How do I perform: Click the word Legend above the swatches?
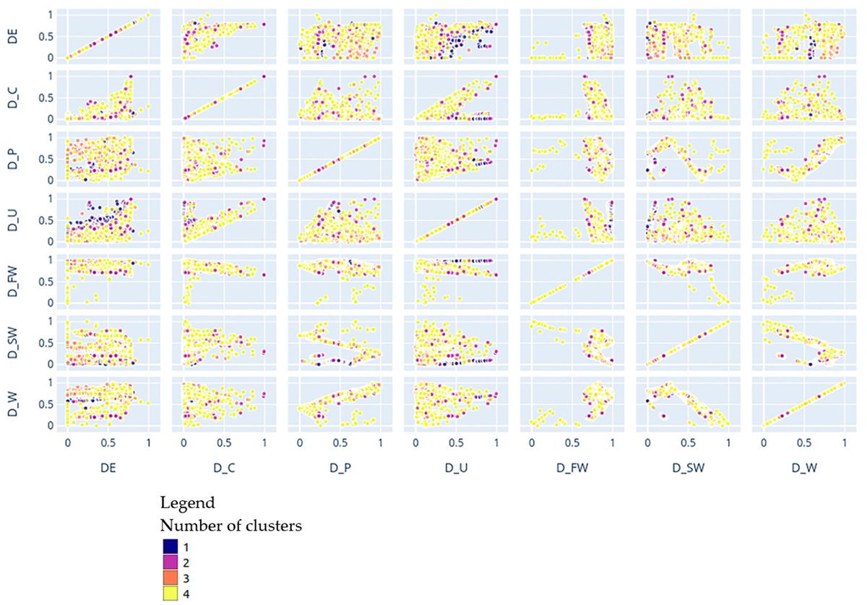(187, 501)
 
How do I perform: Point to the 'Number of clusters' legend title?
(230, 526)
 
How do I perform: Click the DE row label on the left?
(12, 36)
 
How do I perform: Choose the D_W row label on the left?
(12, 404)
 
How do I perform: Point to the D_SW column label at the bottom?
(688, 467)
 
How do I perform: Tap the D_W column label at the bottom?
(804, 467)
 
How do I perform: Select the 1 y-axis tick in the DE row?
(50, 14)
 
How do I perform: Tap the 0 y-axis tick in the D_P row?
(50, 180)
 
